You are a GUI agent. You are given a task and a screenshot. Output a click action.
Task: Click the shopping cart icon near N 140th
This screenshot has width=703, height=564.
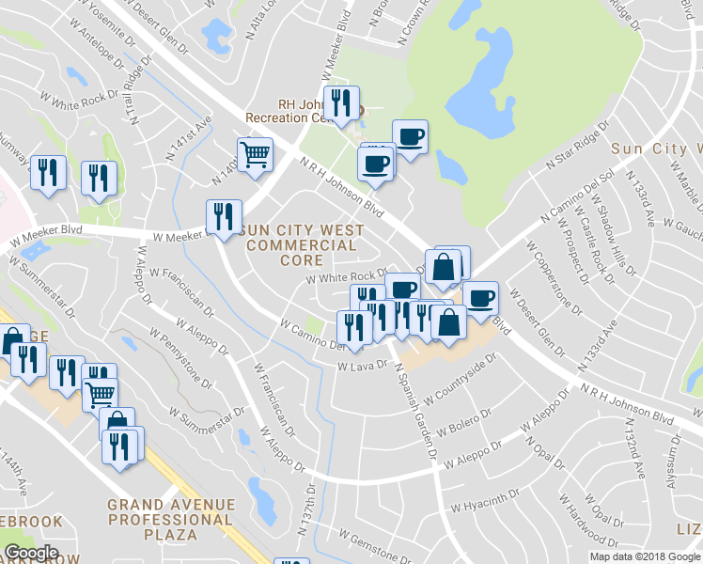(x=255, y=154)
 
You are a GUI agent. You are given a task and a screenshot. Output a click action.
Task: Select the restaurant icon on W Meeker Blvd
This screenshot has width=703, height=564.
(x=223, y=217)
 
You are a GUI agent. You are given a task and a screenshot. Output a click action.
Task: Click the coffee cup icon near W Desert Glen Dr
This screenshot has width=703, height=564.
(x=480, y=298)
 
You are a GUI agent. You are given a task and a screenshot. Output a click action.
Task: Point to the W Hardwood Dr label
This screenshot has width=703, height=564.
(x=584, y=523)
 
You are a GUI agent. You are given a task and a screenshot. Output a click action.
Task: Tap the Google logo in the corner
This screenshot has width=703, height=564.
(x=32, y=553)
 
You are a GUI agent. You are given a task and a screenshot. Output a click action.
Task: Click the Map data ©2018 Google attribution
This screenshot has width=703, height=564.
(x=645, y=556)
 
